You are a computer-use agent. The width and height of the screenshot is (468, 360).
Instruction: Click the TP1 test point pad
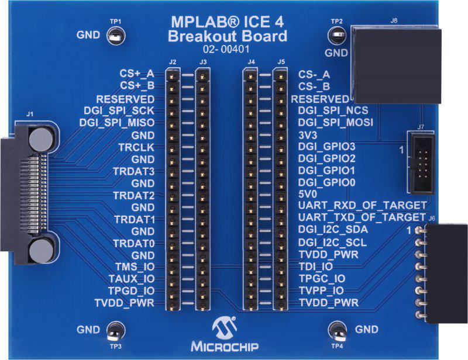click(116, 36)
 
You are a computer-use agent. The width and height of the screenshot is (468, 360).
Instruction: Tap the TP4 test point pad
click(337, 330)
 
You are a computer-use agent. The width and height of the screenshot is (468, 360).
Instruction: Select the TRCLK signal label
click(136, 147)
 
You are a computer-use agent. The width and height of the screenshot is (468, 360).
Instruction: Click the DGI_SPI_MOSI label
click(335, 122)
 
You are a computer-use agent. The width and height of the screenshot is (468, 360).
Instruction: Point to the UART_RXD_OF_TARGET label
click(362, 205)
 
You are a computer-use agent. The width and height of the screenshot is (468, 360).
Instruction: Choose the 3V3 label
click(308, 135)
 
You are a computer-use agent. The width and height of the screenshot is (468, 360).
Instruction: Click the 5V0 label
click(308, 194)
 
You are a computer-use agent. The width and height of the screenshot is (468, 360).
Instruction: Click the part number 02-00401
click(226, 49)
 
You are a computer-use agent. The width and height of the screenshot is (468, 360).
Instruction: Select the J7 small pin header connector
click(421, 162)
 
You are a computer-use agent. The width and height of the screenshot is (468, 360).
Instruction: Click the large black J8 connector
click(395, 64)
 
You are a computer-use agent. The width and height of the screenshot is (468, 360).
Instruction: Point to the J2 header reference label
click(173, 62)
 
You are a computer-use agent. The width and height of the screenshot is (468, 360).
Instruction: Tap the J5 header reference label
click(281, 62)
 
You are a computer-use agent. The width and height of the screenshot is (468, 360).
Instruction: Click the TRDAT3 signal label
click(134, 171)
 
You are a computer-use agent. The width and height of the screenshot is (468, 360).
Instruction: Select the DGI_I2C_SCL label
click(332, 242)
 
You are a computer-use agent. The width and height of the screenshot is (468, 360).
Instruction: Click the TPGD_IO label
click(131, 290)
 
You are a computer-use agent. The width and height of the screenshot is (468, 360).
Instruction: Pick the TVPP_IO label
click(321, 290)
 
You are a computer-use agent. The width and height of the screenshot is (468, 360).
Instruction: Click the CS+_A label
click(137, 74)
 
